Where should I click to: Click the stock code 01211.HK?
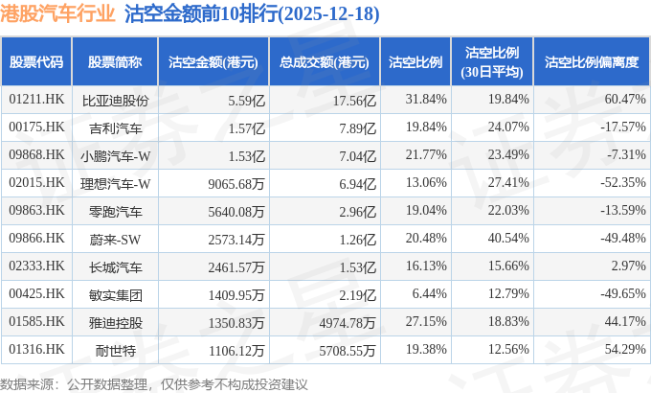coord(36,100)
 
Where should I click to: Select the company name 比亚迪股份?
coord(116,100)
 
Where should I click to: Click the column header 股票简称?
coord(115,63)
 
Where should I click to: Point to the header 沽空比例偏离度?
coord(591,63)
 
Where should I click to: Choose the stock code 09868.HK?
coord(36,154)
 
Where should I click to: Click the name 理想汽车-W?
coord(116,182)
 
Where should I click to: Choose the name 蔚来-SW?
coord(116,238)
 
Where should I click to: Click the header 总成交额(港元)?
coord(325,63)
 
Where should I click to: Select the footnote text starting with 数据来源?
coord(154,383)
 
